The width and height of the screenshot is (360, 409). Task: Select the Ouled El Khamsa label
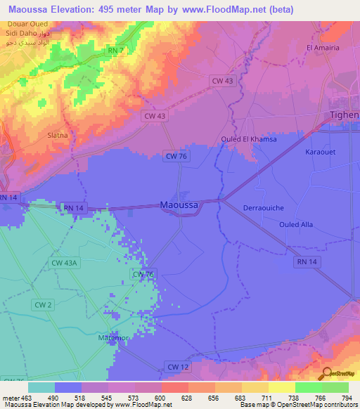coord(249,139)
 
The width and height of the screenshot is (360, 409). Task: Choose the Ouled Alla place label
coord(295,225)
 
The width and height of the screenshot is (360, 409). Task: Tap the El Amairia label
coord(323,48)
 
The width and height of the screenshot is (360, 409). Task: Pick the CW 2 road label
coord(43,304)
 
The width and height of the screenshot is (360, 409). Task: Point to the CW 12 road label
coord(178,366)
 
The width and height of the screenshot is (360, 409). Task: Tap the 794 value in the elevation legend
coord(347,398)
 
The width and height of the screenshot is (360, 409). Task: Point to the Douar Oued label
coord(22,24)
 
